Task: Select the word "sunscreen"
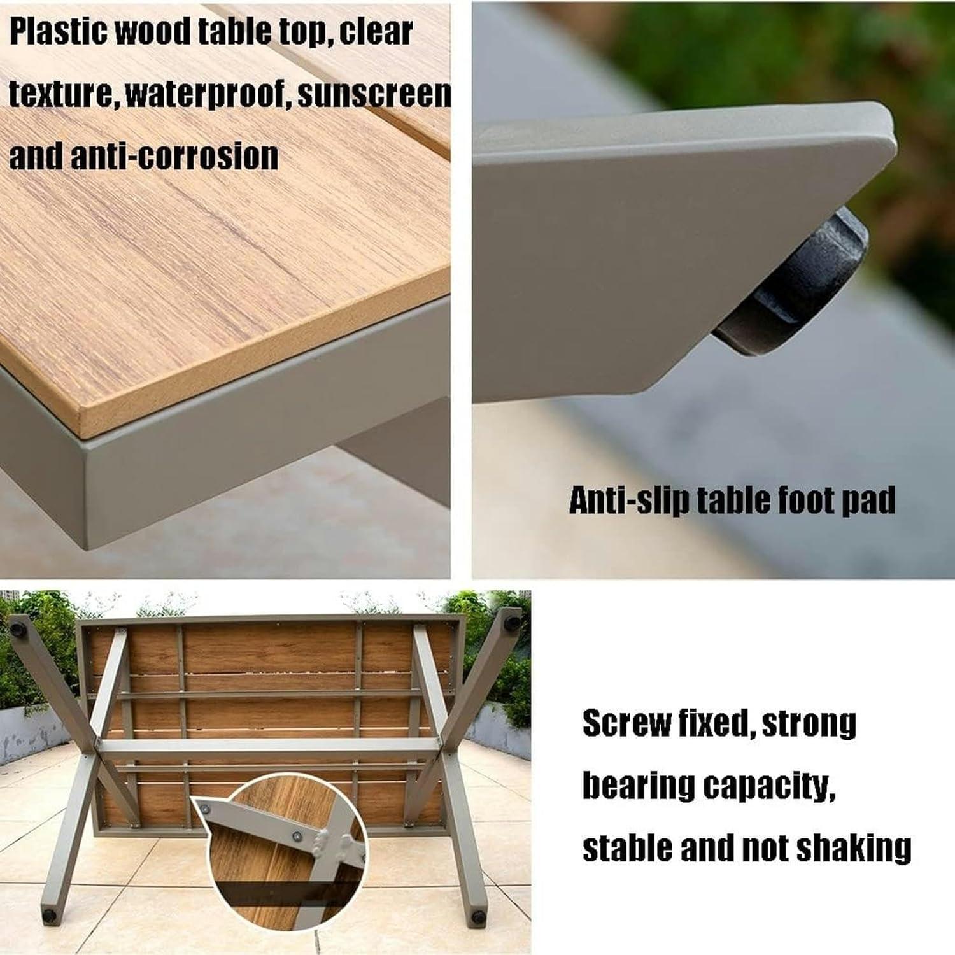374,94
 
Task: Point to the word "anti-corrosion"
174,156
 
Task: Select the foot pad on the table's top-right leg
511,618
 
